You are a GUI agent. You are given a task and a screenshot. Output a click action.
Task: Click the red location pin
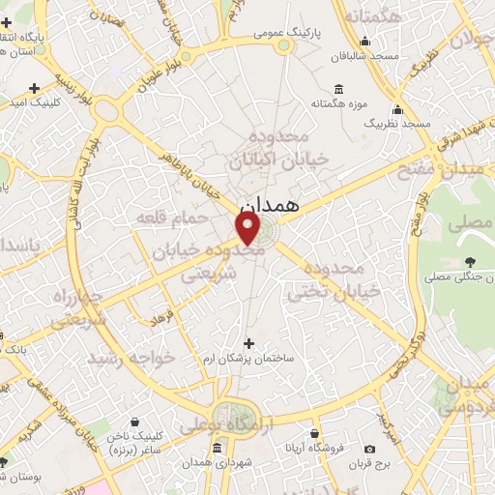(x=248, y=228)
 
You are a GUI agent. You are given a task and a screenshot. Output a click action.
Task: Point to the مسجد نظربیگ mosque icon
(x=397, y=110)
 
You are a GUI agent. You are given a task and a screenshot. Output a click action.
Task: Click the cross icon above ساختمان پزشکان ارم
(x=248, y=343)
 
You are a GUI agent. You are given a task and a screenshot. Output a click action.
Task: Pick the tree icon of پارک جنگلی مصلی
(x=471, y=261)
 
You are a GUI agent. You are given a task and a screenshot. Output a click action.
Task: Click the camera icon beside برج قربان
(x=369, y=449)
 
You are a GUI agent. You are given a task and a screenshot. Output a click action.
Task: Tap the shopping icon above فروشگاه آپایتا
(x=314, y=435)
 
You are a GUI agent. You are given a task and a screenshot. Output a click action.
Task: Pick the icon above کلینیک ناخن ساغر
(x=132, y=422)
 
